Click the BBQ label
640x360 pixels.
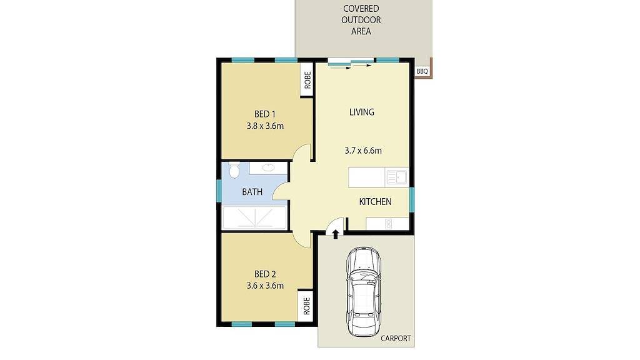[x=422, y=71]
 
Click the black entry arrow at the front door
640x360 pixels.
[x=336, y=234]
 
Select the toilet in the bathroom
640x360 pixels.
[x=234, y=169]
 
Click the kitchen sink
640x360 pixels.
[x=397, y=177]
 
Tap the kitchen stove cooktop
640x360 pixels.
[x=388, y=223]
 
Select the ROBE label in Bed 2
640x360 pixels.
[x=306, y=306]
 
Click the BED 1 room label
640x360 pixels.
[x=265, y=114]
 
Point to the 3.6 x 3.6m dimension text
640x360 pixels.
[x=265, y=286]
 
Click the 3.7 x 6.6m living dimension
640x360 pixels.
[x=363, y=150]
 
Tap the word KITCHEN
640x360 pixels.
[x=375, y=201]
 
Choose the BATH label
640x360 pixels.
[x=252, y=192]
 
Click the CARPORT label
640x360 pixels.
[x=396, y=338]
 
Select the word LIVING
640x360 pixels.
[x=362, y=112]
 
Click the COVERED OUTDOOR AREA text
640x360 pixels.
[x=362, y=19]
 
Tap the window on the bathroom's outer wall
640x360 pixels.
[x=219, y=190]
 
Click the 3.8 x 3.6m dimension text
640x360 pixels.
[x=265, y=126]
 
